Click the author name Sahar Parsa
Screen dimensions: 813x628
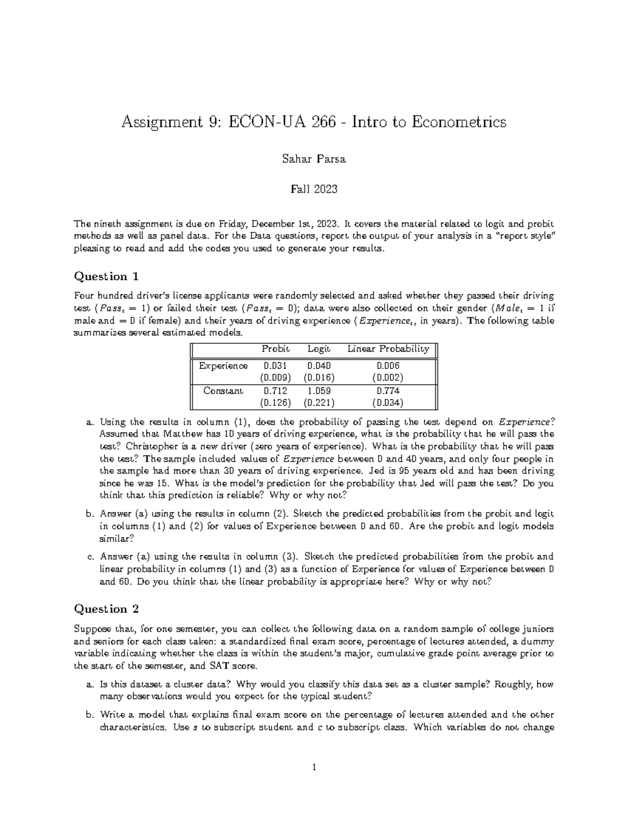click(313, 160)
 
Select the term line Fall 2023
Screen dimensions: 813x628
click(313, 189)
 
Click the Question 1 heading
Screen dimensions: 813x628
click(107, 276)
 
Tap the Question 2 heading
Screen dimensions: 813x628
click(107, 609)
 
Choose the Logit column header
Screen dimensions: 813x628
click(318, 349)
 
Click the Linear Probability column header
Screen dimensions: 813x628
click(388, 349)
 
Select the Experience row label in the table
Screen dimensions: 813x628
click(223, 366)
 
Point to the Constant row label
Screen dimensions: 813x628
click(223, 391)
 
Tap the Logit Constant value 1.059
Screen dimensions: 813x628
click(319, 391)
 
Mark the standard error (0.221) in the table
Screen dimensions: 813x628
click(319, 403)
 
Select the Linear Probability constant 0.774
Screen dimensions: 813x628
click(388, 391)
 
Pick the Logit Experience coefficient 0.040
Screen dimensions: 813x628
click(319, 366)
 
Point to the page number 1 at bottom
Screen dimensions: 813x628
click(313, 768)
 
